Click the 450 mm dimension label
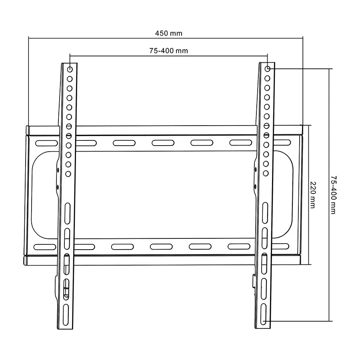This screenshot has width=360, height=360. point(168,33)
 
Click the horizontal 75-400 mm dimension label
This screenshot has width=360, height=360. point(168,51)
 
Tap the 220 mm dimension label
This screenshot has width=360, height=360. point(313,195)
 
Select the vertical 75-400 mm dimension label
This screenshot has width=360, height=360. point(334,195)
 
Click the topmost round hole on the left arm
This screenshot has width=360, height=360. point(70,69)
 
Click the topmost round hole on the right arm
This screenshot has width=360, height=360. point(268,69)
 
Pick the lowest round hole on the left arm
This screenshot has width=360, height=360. point(68,174)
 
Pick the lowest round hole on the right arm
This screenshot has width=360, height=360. point(266,173)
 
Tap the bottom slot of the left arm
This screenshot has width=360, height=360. point(66,315)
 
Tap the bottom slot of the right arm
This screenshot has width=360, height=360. point(264,314)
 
